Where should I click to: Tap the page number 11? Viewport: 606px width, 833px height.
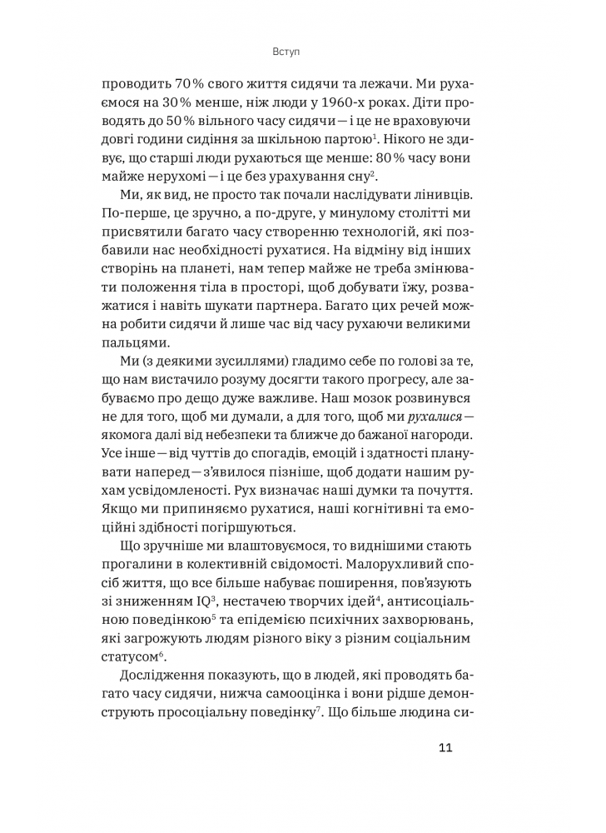click(445, 746)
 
